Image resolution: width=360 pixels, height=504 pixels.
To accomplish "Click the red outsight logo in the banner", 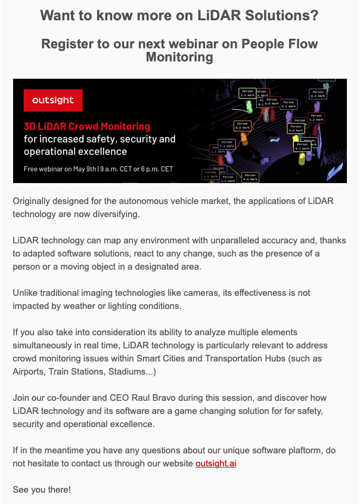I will (x=53, y=101).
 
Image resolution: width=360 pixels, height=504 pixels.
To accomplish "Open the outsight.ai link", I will (x=216, y=463).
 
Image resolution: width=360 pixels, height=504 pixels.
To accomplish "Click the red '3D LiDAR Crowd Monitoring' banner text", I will (x=87, y=126).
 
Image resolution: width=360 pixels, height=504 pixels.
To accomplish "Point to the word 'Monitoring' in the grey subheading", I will (x=179, y=57).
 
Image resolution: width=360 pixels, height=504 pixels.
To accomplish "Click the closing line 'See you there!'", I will (x=42, y=490).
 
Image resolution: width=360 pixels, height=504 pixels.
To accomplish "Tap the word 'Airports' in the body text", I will (x=30, y=372).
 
